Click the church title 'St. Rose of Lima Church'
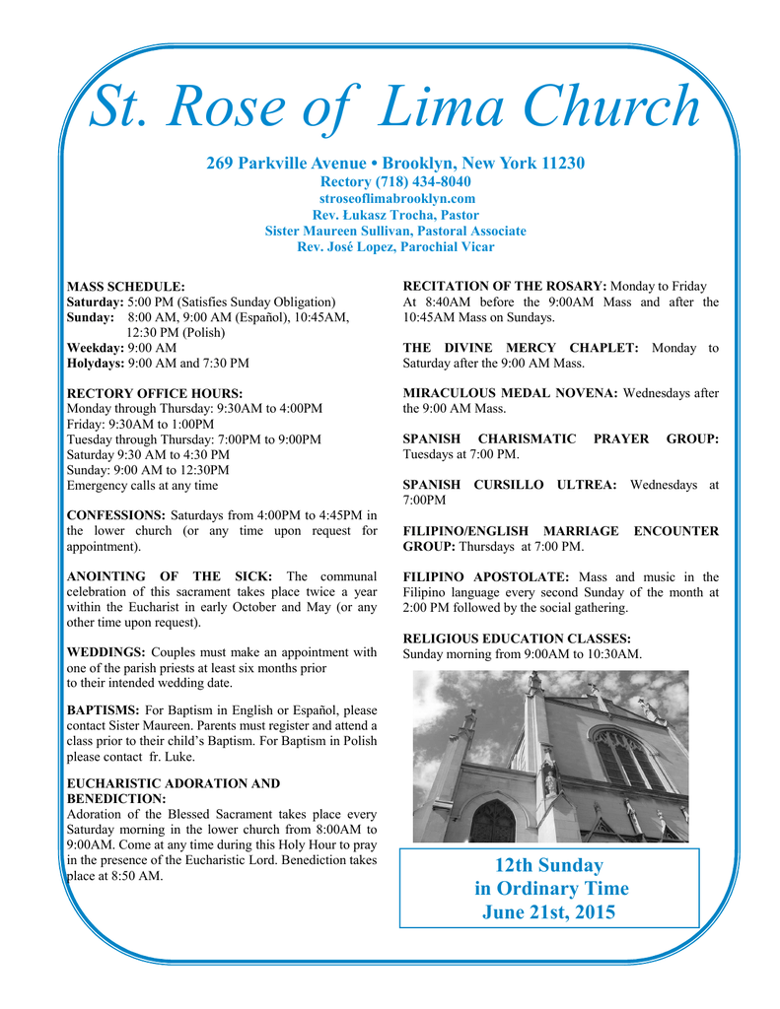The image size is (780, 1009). pyautogui.click(x=394, y=108)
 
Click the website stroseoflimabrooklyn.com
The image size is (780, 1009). pyautogui.click(x=394, y=198)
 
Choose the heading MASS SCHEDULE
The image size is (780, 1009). pyautogui.click(x=125, y=286)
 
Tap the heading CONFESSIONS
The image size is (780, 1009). pyautogui.click(x=115, y=515)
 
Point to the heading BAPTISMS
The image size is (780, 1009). pyautogui.click(x=103, y=709)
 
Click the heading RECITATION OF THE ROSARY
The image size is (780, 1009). pyautogui.click(x=505, y=286)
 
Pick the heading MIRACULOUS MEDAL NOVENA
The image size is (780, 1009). pyautogui.click(x=511, y=393)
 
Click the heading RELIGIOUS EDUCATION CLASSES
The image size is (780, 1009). pyautogui.click(x=517, y=639)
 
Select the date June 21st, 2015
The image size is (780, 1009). pyautogui.click(x=548, y=912)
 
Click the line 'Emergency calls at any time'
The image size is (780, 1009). pyautogui.click(x=142, y=485)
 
